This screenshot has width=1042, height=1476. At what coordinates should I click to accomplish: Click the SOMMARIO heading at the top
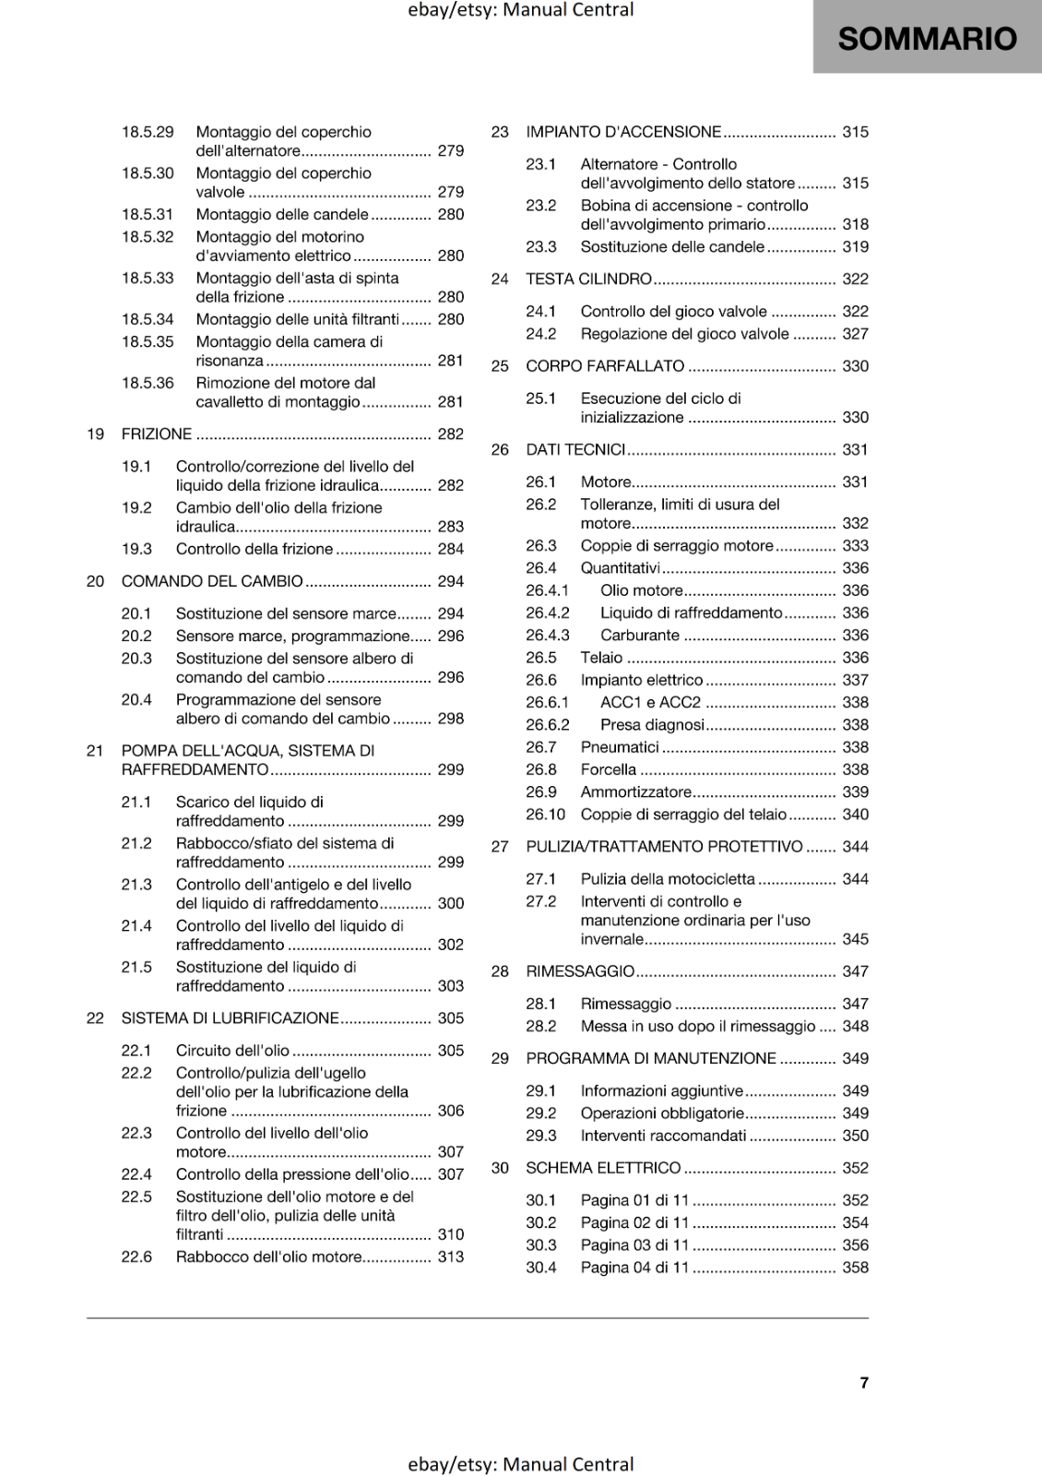click(927, 39)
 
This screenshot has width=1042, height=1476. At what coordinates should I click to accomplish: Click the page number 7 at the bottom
click(864, 1382)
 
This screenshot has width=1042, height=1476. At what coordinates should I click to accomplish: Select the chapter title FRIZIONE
click(157, 434)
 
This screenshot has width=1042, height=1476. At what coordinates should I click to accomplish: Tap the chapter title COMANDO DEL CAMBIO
click(212, 581)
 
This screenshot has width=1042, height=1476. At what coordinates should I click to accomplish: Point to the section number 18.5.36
click(148, 383)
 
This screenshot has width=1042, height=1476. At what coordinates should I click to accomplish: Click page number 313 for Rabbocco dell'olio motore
click(451, 1256)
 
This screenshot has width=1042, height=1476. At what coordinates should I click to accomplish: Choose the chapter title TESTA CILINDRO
click(588, 279)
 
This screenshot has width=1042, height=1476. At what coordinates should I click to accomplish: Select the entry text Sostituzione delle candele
click(672, 246)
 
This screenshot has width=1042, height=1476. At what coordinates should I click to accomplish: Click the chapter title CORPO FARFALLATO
click(605, 366)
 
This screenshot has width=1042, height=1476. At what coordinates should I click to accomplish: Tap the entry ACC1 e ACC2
click(650, 702)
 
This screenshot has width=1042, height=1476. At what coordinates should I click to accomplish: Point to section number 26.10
click(545, 815)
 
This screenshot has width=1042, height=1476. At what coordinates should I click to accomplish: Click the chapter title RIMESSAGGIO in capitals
click(580, 971)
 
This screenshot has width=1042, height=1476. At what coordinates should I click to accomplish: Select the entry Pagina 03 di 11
click(634, 1244)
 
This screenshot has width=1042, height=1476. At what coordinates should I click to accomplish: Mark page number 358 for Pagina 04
click(855, 1268)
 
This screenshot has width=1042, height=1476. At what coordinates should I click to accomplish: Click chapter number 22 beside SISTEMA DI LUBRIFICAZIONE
click(95, 1018)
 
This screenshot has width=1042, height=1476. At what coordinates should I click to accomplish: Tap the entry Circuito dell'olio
click(232, 1051)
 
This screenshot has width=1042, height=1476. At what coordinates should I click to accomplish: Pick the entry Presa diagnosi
click(652, 725)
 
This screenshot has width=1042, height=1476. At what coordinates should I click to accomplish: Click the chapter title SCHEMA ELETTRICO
click(603, 1168)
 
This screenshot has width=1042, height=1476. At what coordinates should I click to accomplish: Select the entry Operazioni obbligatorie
click(661, 1113)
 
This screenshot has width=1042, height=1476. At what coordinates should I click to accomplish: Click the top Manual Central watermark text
click(520, 10)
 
